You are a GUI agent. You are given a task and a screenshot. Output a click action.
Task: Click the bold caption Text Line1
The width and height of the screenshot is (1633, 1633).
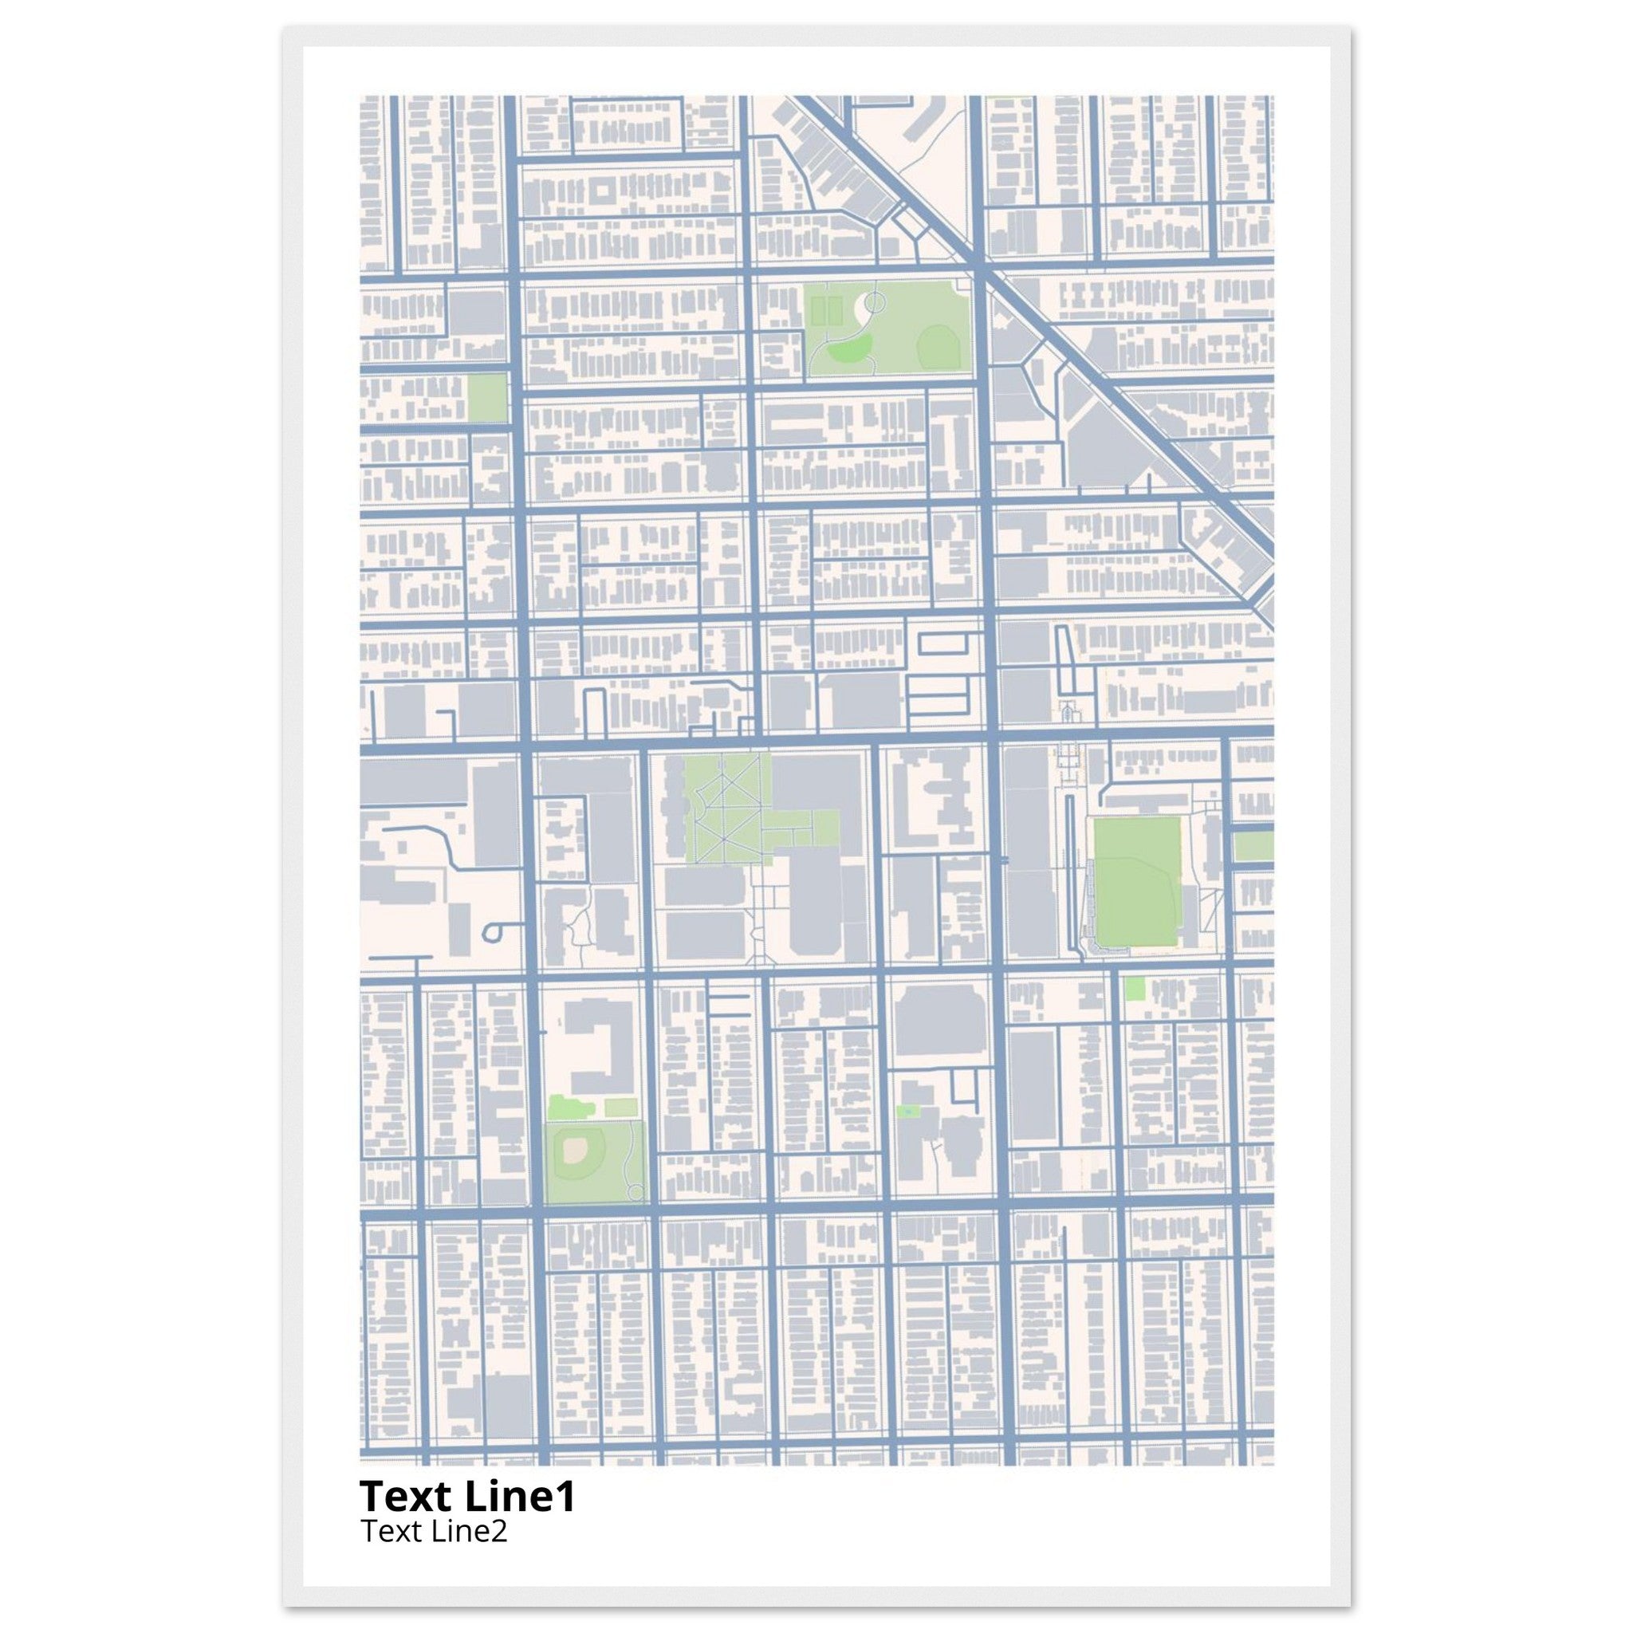(x=467, y=1496)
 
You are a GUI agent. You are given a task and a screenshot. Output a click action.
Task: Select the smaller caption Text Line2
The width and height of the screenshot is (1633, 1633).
(x=434, y=1531)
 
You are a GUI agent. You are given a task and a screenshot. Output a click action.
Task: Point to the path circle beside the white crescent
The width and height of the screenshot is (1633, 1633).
(x=874, y=300)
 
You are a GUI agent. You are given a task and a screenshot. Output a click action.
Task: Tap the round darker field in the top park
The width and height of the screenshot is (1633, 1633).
(x=935, y=344)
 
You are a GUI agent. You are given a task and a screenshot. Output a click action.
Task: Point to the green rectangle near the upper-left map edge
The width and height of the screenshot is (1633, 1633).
(x=486, y=397)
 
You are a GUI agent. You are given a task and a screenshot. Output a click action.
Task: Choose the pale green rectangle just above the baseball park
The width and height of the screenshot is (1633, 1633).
(x=620, y=1108)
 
